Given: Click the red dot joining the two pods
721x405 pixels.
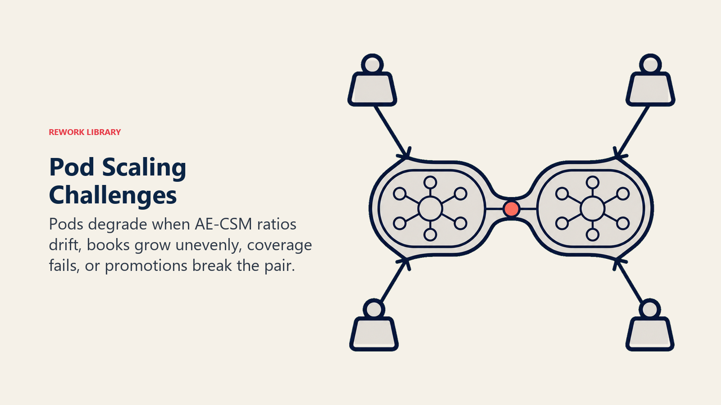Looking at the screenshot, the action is [511, 209].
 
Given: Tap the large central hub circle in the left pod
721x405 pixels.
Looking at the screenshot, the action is [430, 209].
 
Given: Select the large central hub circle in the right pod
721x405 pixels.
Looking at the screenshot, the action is [593, 209].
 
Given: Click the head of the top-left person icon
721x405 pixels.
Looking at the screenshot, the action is [372, 64].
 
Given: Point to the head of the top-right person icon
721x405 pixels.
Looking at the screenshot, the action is [651, 64].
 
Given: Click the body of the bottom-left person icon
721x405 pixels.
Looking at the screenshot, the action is [374, 334].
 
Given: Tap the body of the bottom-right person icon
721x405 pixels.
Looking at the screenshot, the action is [650, 334].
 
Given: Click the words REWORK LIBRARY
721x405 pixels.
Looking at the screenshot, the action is [85, 132].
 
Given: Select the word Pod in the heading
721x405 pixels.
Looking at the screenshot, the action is [72, 167].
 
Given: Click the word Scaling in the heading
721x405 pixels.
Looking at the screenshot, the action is [144, 168].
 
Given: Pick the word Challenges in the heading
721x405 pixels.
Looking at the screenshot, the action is [113, 195].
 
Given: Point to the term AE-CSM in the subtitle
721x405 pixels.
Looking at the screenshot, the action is [224, 224].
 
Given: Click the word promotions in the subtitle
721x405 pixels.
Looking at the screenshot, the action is [146, 266].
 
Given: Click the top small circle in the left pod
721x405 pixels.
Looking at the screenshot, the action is [430, 183].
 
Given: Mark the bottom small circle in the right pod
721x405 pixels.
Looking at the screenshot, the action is [593, 234].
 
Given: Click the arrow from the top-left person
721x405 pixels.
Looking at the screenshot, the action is [392, 132].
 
